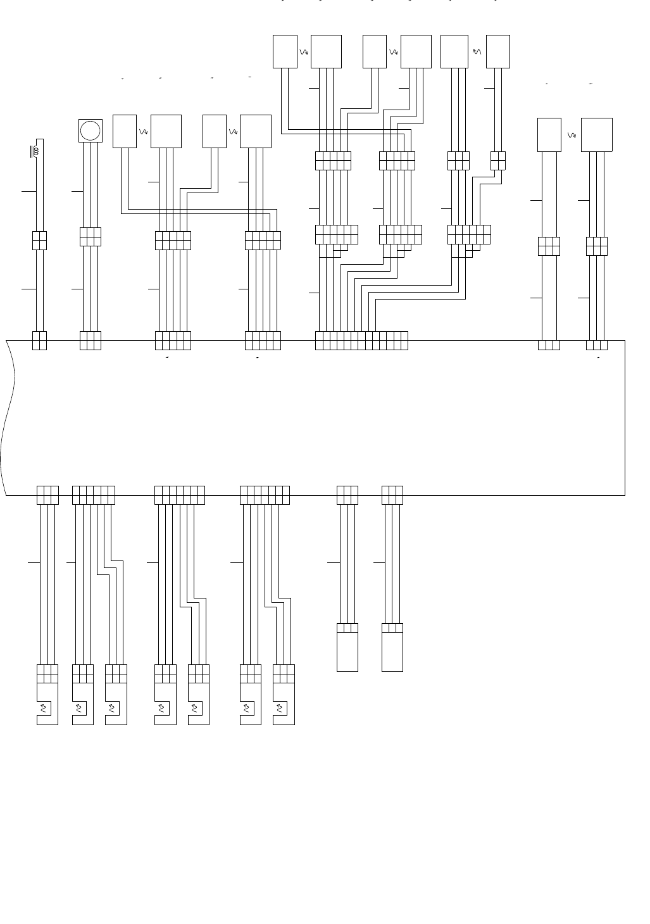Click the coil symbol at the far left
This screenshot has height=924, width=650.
coord(35,151)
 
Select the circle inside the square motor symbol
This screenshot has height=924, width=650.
coord(91,130)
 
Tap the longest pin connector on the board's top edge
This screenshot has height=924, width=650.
coord(361,340)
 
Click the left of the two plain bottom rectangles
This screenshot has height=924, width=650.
coord(347,652)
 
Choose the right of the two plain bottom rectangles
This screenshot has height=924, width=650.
coord(392,652)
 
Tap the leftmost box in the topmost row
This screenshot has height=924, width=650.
coord(285,51)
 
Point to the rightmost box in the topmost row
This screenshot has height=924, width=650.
coord(497,51)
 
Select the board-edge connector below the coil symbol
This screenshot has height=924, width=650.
coord(39,340)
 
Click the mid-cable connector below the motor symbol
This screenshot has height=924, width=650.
coord(91,236)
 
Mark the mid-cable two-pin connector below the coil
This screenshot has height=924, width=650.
coord(39,241)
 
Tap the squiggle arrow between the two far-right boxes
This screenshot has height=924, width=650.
coord(572,135)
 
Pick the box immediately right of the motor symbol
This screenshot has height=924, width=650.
coord(124,131)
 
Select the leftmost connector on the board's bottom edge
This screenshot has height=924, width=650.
coord(47,495)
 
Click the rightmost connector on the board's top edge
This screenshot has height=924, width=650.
coord(596,345)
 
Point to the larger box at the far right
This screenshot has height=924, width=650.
coord(596,134)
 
